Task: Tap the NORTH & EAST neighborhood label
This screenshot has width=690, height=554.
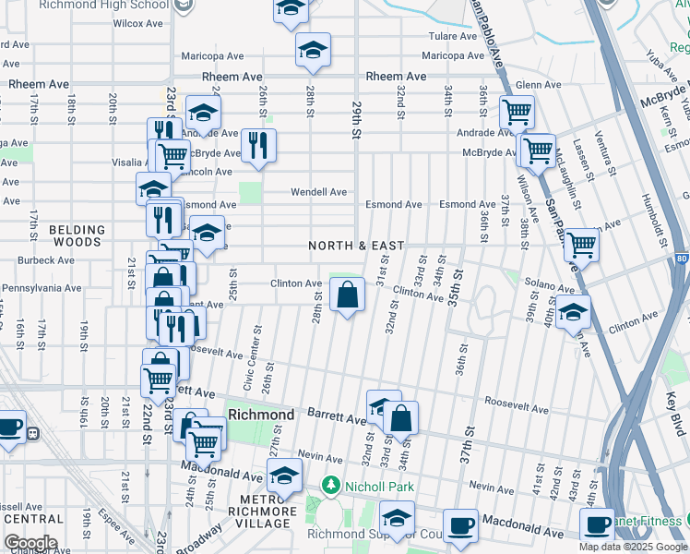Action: pyautogui.click(x=356, y=246)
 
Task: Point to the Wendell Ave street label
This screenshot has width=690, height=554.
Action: pyautogui.click(x=318, y=192)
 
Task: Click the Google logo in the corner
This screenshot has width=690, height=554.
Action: pyautogui.click(x=30, y=543)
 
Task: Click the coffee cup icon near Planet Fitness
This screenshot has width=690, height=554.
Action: pyautogui.click(x=598, y=524)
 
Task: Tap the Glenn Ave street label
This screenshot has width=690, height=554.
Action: pyautogui.click(x=539, y=85)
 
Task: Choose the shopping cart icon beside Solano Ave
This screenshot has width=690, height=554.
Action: pyautogui.click(x=581, y=245)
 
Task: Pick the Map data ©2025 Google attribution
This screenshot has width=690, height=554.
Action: pyautogui.click(x=632, y=547)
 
